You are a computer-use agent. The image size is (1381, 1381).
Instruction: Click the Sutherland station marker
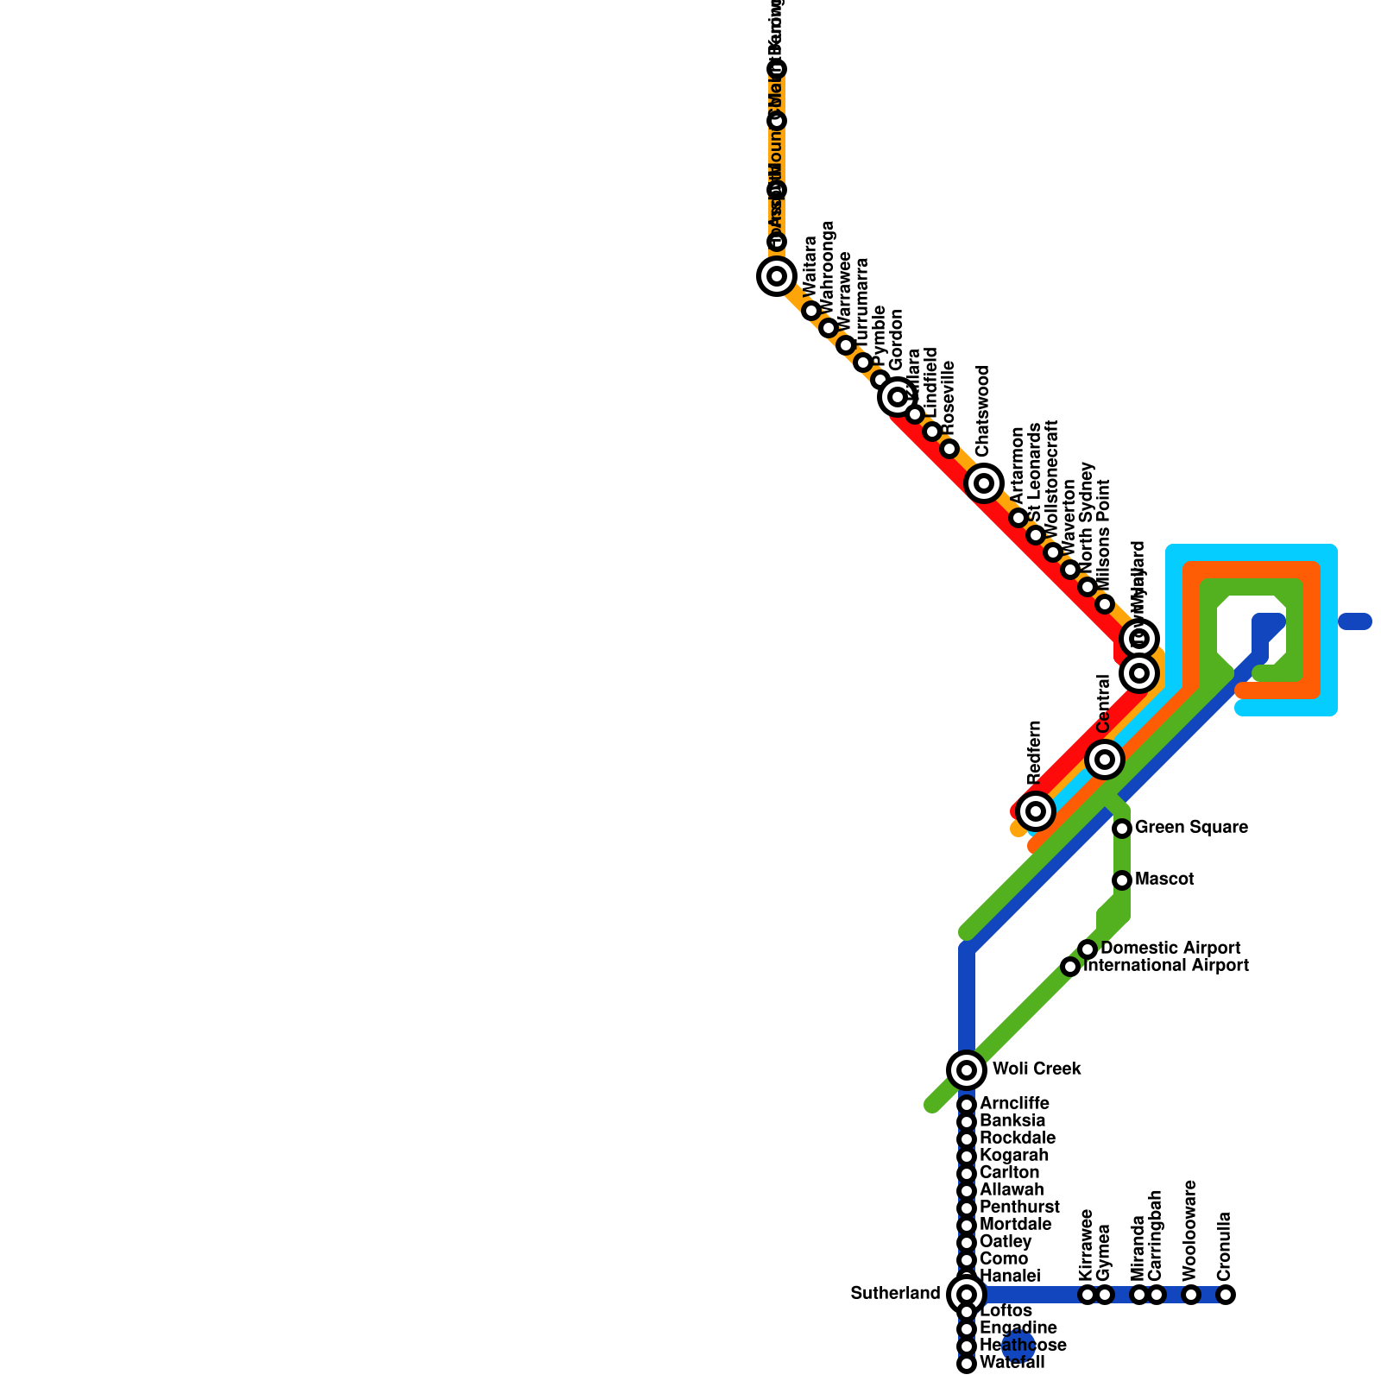(x=967, y=1294)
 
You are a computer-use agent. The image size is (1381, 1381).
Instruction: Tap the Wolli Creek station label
(x=1036, y=1069)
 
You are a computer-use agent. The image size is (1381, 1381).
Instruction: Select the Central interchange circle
(x=1105, y=760)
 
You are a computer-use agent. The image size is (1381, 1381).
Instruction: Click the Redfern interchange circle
(x=1036, y=810)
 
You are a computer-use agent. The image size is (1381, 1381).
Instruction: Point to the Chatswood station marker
(x=984, y=482)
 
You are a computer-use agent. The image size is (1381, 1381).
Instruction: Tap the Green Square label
(x=1191, y=828)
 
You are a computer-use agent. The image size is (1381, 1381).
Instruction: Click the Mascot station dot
(x=1122, y=880)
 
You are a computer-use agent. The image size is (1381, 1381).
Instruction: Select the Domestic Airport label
(x=1170, y=949)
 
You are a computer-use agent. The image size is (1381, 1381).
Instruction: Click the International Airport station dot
(x=1070, y=967)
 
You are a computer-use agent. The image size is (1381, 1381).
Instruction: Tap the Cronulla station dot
(x=1226, y=1295)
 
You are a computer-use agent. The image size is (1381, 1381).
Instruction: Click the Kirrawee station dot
(x=1088, y=1295)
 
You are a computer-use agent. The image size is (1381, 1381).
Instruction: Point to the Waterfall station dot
(x=967, y=1364)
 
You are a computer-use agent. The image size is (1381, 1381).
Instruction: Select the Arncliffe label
(x=1014, y=1104)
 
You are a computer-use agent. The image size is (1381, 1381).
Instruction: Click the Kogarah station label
(x=1014, y=1156)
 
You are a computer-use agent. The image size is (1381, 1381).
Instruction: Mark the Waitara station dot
(x=811, y=311)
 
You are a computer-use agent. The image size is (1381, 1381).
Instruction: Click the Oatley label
(x=1006, y=1242)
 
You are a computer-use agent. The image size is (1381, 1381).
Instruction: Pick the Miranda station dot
(x=1139, y=1295)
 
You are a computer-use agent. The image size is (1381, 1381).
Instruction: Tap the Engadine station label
(x=1018, y=1328)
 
